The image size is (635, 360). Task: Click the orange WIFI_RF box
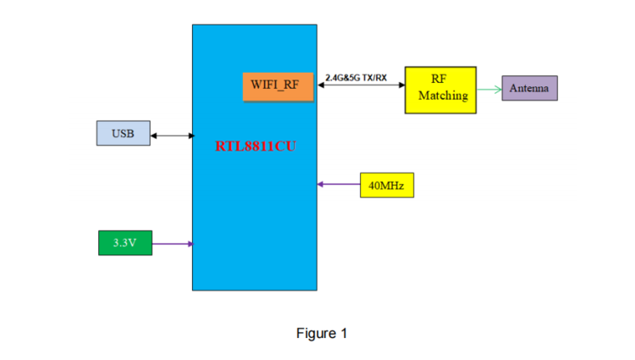click(x=276, y=86)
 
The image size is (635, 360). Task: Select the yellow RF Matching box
click(x=440, y=87)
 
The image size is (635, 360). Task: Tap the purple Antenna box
click(x=529, y=88)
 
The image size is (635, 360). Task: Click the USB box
click(x=123, y=134)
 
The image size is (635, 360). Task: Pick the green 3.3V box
click(x=125, y=243)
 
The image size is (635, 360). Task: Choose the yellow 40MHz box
click(x=387, y=185)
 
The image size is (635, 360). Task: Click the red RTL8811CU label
click(x=255, y=146)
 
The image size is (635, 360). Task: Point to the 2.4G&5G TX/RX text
click(x=356, y=78)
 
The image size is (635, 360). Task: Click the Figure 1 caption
click(x=322, y=333)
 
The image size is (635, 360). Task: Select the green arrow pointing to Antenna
click(x=489, y=88)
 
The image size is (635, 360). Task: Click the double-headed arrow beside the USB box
click(x=173, y=136)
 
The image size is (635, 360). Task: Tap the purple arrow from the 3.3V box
click(x=173, y=244)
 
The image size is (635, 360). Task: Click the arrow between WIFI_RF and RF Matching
click(x=361, y=86)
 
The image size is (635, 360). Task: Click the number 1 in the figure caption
click(x=344, y=333)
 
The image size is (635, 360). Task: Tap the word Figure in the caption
click(x=316, y=333)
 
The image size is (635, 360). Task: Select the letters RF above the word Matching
click(x=439, y=79)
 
